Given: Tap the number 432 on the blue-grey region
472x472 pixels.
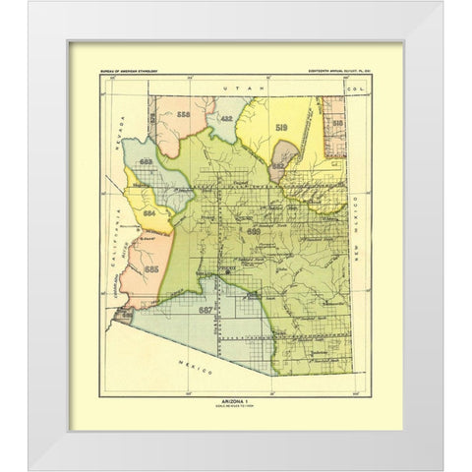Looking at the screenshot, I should pos(227,118).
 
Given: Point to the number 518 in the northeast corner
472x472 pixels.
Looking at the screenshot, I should pos(337,122).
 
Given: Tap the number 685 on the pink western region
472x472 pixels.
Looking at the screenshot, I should pos(150,267).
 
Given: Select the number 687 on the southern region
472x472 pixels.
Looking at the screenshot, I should pos(206,310).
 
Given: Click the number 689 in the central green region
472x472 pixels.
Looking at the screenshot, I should pos(256,232).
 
